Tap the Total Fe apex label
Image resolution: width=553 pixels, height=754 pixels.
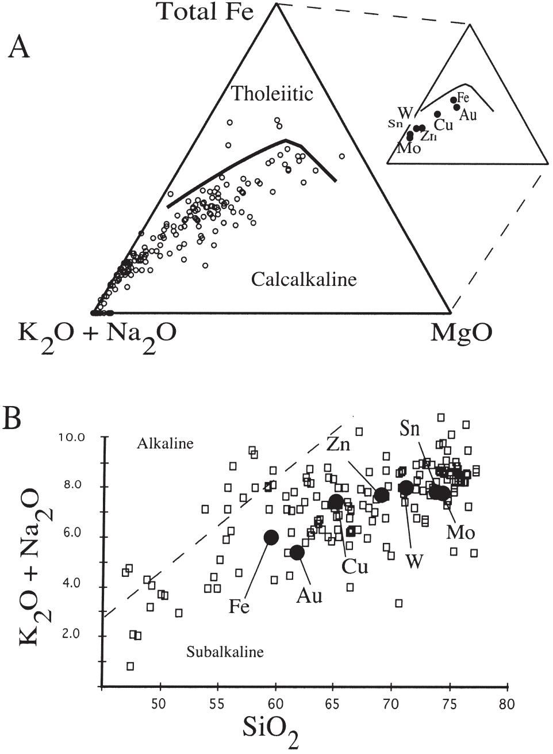(205, 12)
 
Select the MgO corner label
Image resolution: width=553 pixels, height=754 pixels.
(462, 333)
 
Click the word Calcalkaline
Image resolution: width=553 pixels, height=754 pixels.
(304, 280)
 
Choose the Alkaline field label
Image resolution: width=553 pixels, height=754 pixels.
(166, 443)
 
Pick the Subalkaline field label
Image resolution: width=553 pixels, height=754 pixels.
(225, 652)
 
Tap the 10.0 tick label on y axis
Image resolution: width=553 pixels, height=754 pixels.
(72, 437)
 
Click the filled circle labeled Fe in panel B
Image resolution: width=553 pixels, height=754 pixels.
(271, 537)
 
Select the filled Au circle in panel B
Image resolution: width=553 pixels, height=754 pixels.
(297, 552)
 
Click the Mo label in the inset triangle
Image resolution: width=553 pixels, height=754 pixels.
(409, 148)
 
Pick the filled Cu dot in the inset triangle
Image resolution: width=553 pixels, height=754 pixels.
(437, 114)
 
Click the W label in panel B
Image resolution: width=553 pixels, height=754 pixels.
(413, 561)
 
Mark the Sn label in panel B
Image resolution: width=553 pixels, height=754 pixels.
(410, 429)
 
